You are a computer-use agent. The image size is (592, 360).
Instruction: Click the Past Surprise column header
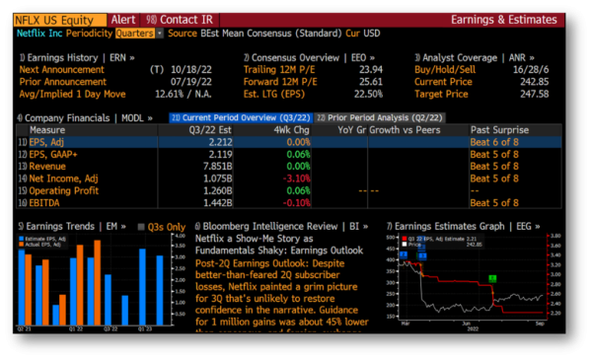point(498,129)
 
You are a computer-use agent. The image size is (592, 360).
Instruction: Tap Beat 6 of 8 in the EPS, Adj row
point(496,142)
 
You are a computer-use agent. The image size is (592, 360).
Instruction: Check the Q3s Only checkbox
point(138,227)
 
